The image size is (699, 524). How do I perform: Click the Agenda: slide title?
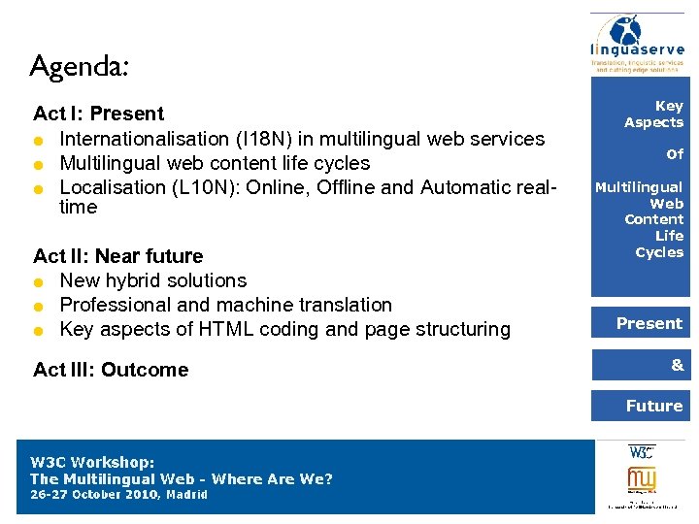click(80, 67)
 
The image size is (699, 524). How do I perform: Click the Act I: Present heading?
click(98, 115)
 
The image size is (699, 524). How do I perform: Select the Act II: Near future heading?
click(117, 256)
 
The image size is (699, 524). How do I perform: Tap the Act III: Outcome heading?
click(111, 370)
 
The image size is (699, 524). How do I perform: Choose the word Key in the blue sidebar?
click(669, 106)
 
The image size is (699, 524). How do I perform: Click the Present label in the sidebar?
click(649, 323)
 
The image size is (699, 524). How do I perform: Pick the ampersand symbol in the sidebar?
click(677, 365)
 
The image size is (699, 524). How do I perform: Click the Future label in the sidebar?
click(653, 406)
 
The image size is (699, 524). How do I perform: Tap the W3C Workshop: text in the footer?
click(92, 463)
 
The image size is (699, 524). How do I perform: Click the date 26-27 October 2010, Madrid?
click(118, 495)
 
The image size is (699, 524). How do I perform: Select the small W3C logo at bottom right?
click(642, 452)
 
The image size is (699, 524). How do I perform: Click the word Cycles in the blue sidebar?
click(659, 252)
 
